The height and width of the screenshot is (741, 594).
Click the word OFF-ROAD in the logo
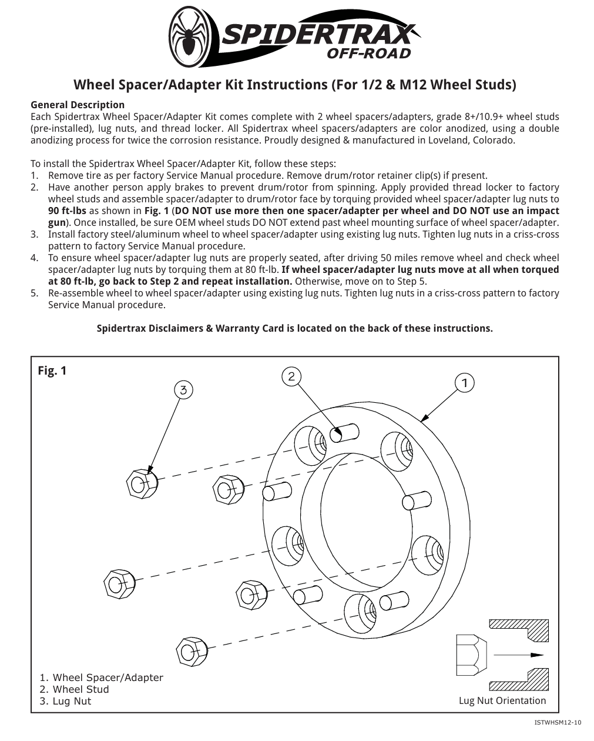368,54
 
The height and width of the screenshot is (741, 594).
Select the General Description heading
78,105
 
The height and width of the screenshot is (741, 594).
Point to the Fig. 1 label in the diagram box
52,370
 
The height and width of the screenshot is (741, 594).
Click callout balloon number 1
464,383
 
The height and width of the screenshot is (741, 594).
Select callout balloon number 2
291,376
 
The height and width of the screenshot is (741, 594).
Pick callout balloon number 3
184,389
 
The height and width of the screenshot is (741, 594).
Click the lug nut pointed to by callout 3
142,483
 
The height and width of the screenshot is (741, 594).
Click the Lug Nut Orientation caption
502,700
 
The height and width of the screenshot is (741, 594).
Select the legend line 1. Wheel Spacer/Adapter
101,677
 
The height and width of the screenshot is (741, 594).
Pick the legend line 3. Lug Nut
65,701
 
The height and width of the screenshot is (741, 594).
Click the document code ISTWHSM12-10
558,722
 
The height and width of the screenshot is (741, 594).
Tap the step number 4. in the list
35,258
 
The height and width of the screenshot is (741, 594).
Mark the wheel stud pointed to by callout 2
344,432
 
